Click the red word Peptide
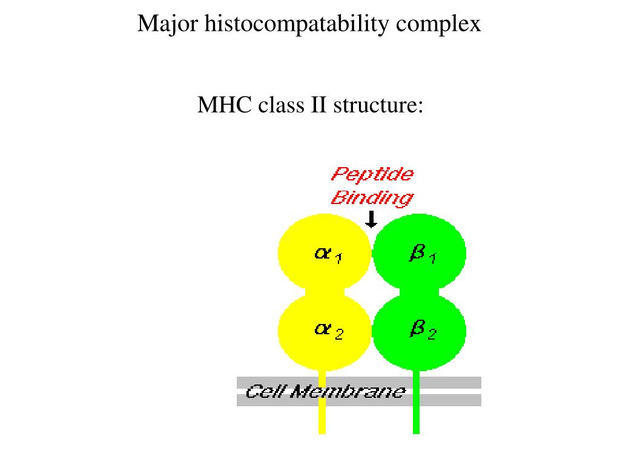[372, 174]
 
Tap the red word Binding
[372, 197]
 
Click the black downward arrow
[372, 219]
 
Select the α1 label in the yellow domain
[328, 254]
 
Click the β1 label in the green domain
[423, 254]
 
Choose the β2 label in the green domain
[423, 330]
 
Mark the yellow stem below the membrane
[322, 420]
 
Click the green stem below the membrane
[416, 420]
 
